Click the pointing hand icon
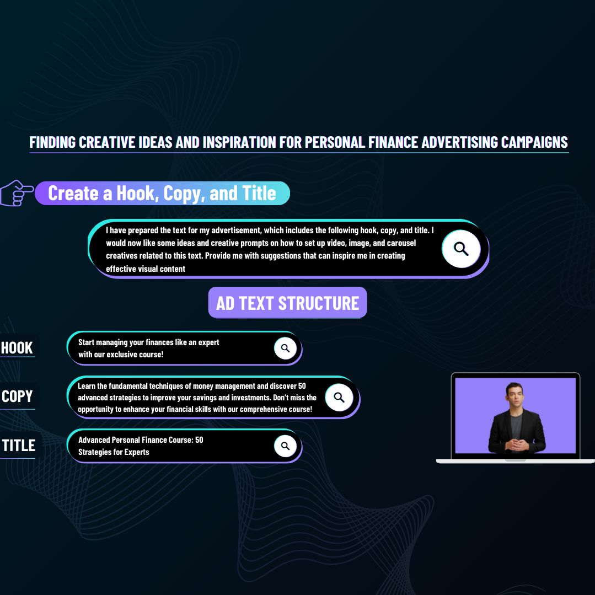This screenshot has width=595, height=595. pyautogui.click(x=16, y=193)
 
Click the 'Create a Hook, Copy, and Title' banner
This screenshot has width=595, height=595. pyautogui.click(x=163, y=193)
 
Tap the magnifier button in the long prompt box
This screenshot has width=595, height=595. pyautogui.click(x=461, y=249)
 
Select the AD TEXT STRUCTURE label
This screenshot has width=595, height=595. pyautogui.click(x=288, y=302)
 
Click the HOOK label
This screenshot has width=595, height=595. pyautogui.click(x=17, y=347)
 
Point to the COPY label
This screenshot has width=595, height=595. pyautogui.click(x=17, y=396)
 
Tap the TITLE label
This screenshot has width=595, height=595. pyautogui.click(x=19, y=445)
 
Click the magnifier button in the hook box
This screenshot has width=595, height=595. pyautogui.click(x=285, y=349)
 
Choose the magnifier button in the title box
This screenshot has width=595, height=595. pyautogui.click(x=285, y=446)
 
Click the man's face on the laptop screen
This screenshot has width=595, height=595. pyautogui.click(x=515, y=396)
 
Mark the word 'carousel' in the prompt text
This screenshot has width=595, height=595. pyautogui.click(x=401, y=243)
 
